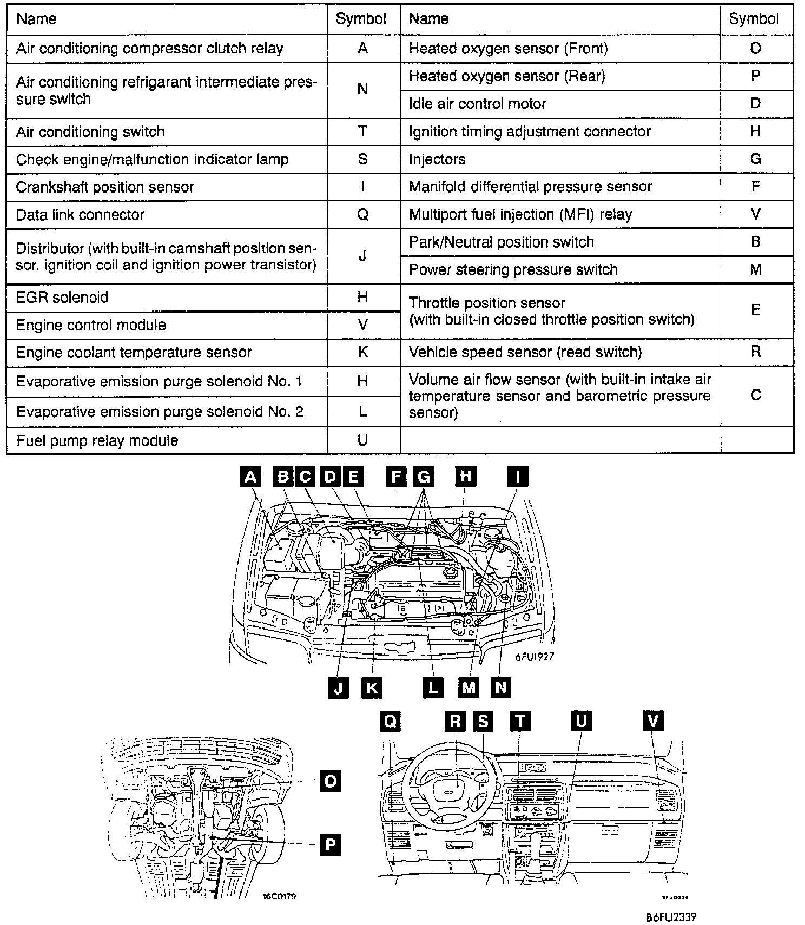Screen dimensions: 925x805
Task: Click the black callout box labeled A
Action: pos(250,477)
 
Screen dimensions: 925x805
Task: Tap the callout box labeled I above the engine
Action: pos(518,477)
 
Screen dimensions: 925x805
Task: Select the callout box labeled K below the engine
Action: pos(372,688)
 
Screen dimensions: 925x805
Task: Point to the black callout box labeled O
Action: pos(331,781)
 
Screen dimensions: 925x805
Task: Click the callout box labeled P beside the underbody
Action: pos(331,844)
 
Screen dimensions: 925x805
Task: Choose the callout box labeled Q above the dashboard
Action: pos(391,721)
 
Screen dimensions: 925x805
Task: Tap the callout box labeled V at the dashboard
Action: pos(653,721)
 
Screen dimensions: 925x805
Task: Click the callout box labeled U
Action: pos(581,721)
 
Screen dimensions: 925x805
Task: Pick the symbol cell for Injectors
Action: pos(756,159)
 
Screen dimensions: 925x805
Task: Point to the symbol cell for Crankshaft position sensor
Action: pos(362,187)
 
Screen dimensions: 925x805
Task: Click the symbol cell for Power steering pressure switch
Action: pos(756,269)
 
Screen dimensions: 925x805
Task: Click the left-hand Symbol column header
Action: pos(361,19)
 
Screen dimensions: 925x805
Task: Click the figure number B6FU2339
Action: pos(671,917)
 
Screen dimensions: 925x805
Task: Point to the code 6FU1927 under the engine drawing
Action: pos(535,657)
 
